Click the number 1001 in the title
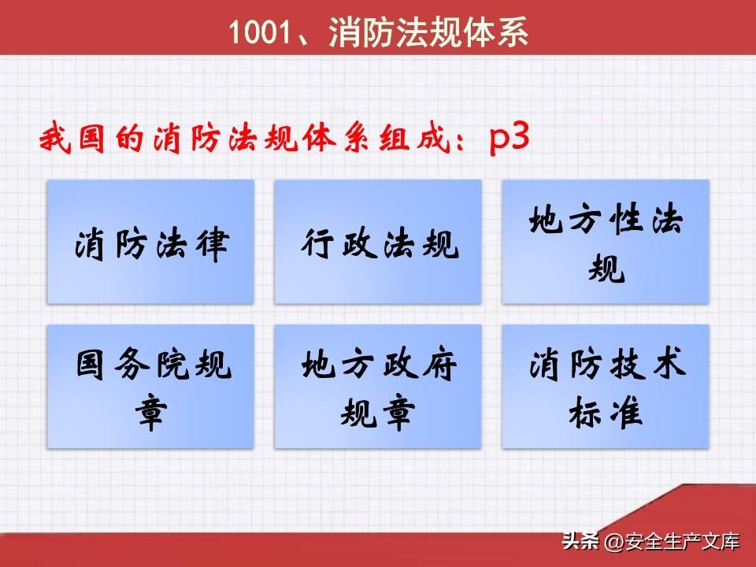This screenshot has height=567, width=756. [x=261, y=32]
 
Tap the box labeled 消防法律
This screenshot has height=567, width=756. [x=150, y=242]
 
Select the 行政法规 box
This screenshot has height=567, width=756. [x=378, y=242]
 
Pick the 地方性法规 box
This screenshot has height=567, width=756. [x=606, y=242]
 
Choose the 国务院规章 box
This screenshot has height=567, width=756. [x=150, y=387]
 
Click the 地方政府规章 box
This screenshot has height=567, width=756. [x=378, y=387]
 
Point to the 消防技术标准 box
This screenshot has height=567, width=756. [x=606, y=387]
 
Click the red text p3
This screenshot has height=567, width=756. [x=510, y=139]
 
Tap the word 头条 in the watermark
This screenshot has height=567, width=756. [x=580, y=541]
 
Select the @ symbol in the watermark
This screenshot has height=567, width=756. [x=614, y=542]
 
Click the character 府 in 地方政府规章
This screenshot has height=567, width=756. [x=439, y=365]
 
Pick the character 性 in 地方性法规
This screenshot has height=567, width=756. [x=627, y=219]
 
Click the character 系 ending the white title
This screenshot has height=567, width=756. [x=512, y=32]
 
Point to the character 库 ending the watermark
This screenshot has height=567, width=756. [x=730, y=542]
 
